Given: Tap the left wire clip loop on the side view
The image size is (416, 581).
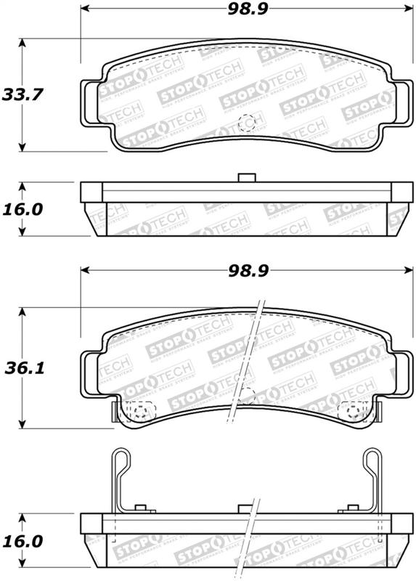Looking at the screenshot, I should point(121,465).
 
